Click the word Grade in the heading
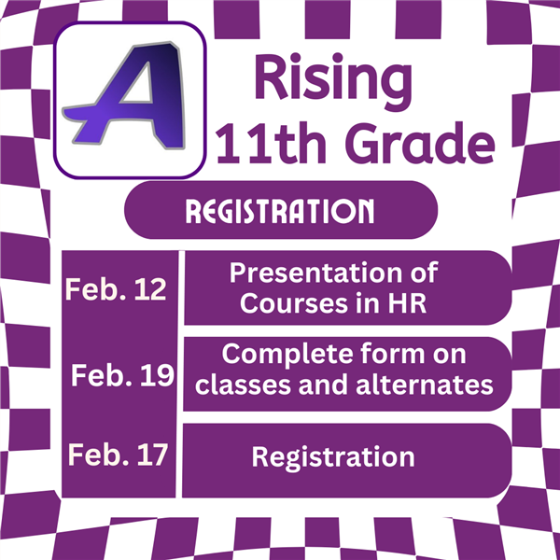pyautogui.click(x=420, y=143)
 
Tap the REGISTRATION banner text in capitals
pyautogui.click(x=280, y=211)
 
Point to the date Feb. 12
pyautogui.click(x=116, y=289)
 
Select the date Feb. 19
pyautogui.click(x=122, y=375)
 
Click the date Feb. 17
pyautogui.click(x=118, y=455)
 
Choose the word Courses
pyautogui.click(x=294, y=304)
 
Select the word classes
pyautogui.click(x=243, y=385)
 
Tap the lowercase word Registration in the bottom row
pyautogui.click(x=333, y=458)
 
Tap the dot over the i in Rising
pyautogui.click(x=295, y=58)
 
